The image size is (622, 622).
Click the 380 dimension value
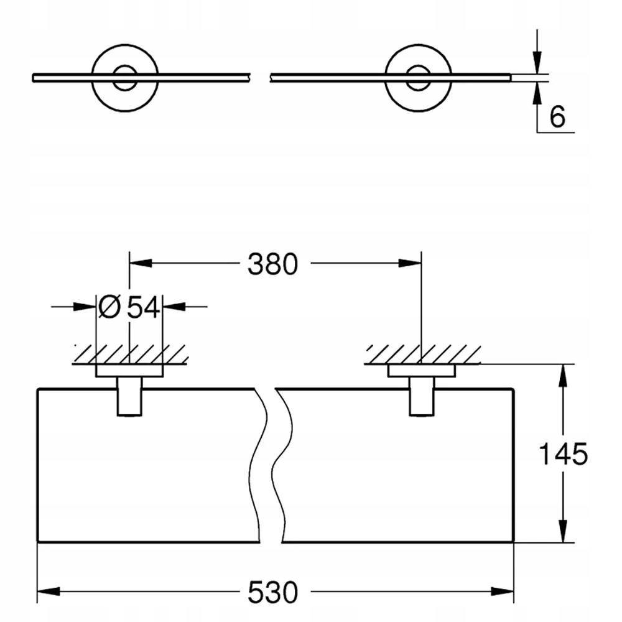[272, 264]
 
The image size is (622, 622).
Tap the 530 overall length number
[272, 592]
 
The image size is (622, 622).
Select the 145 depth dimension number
[563, 454]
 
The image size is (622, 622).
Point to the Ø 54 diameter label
[129, 307]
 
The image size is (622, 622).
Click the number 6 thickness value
[557, 117]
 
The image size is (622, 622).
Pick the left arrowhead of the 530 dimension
[49, 592]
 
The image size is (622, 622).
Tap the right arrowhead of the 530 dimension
[502, 592]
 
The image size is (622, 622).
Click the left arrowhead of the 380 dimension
[141, 262]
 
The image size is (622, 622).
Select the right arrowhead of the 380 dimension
[410, 262]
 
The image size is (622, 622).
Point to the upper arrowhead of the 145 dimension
[563, 376]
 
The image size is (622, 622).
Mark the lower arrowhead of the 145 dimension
[563, 531]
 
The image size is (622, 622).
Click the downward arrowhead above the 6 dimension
[537, 62]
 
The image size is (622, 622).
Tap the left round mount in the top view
[125, 78]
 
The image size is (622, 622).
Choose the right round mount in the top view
[418, 78]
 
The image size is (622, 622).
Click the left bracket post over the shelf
[129, 396]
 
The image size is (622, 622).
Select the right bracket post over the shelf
[422, 396]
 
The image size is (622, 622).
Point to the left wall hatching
[130, 355]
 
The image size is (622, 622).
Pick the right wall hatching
[422, 355]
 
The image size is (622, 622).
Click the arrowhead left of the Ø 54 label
[85, 306]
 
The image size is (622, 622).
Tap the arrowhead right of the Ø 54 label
[174, 306]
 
